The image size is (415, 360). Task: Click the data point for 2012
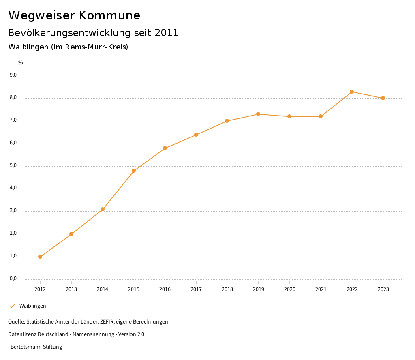coord(40,257)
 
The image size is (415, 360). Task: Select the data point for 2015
coord(134,171)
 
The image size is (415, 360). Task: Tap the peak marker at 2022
coord(352,92)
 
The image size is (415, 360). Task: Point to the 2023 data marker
coord(383,98)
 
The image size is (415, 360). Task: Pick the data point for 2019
coord(258,114)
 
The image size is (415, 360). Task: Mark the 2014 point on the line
coord(103,209)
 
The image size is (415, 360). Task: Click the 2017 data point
coord(196,135)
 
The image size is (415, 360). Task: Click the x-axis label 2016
coord(165,289)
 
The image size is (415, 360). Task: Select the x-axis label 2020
coord(289,289)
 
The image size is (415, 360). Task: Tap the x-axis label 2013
coord(71,289)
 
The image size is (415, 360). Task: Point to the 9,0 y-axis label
coord(13,75)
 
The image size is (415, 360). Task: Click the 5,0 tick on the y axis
coord(13,165)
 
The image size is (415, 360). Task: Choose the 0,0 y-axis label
coord(13,279)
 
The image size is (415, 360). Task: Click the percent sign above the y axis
coord(21,63)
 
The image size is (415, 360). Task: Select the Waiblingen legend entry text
coord(33,306)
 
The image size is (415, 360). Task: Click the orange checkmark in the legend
coord(12,306)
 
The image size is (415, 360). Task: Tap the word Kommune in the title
coord(109,15)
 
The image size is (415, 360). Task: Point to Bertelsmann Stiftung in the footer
coord(36,347)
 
